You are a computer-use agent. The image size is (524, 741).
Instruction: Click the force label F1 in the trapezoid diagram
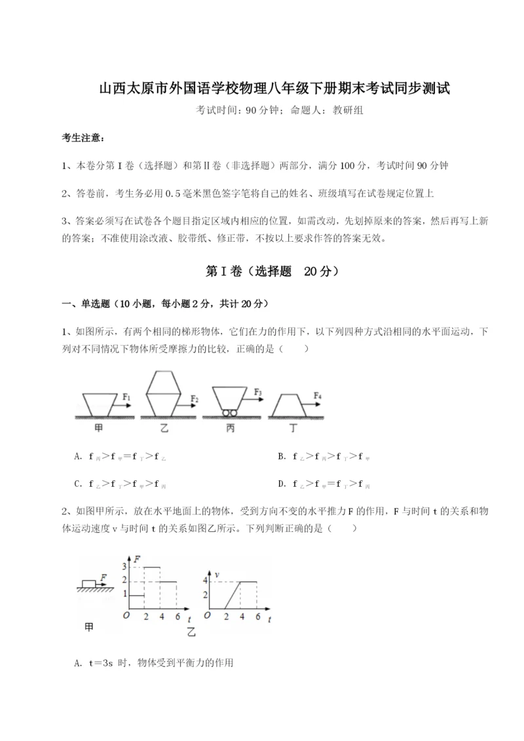(127, 396)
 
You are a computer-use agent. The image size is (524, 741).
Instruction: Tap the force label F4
(317, 396)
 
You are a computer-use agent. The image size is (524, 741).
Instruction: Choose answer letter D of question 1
(281, 484)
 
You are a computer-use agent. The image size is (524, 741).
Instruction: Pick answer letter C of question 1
(78, 484)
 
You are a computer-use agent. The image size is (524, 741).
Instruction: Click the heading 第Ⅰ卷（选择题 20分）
(262, 271)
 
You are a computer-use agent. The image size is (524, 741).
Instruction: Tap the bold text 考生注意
(83, 138)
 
